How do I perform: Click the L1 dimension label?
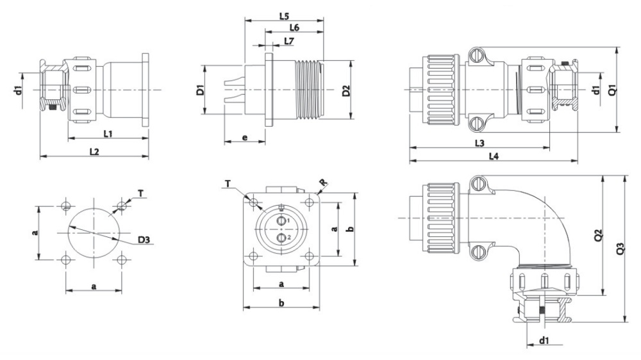click(x=108, y=133)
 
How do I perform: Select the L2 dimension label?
click(x=94, y=152)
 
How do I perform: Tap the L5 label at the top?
click(x=284, y=17)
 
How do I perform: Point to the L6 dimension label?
click(x=294, y=28)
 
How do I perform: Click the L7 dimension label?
click(x=289, y=41)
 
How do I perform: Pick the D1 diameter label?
click(x=200, y=90)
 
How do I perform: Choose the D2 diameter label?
click(x=346, y=91)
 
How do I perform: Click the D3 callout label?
click(x=144, y=240)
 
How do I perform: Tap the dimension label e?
click(x=245, y=138)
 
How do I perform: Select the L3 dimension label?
click(x=479, y=143)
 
